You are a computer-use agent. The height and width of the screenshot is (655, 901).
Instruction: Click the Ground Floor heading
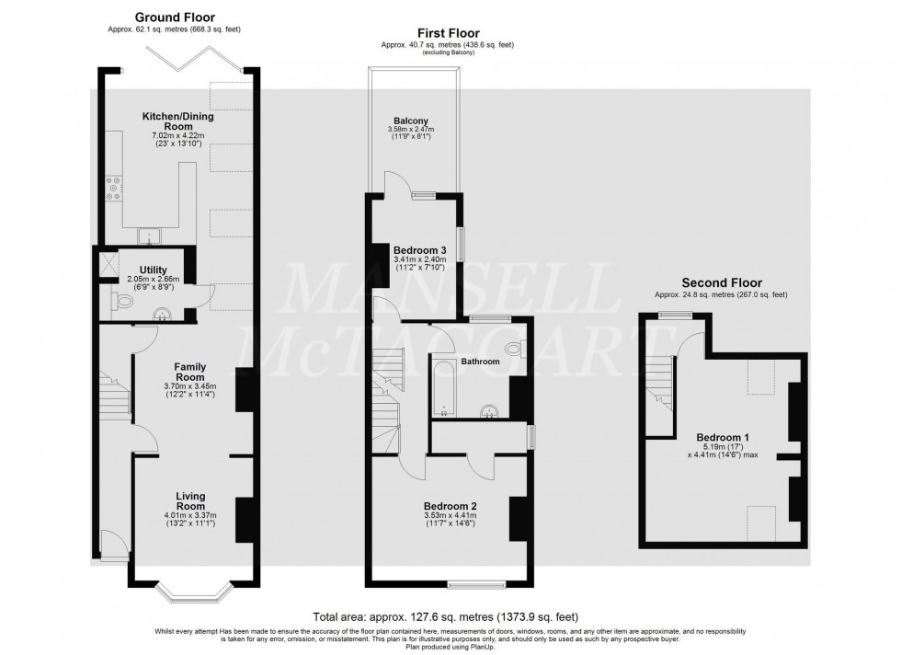pos(175,17)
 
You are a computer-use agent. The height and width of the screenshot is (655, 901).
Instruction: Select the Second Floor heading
pos(721,282)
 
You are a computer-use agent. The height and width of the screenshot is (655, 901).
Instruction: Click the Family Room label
pos(189,372)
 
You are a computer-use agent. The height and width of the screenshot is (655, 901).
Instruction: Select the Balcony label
pos(411,121)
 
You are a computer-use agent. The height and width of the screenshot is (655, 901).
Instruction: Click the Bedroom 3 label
pos(419,250)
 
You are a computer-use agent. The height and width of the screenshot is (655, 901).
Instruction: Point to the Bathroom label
pos(480,362)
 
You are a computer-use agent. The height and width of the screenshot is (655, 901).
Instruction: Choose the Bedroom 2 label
pos(449,506)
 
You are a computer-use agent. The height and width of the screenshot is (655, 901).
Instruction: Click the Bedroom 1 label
pos(722,437)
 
